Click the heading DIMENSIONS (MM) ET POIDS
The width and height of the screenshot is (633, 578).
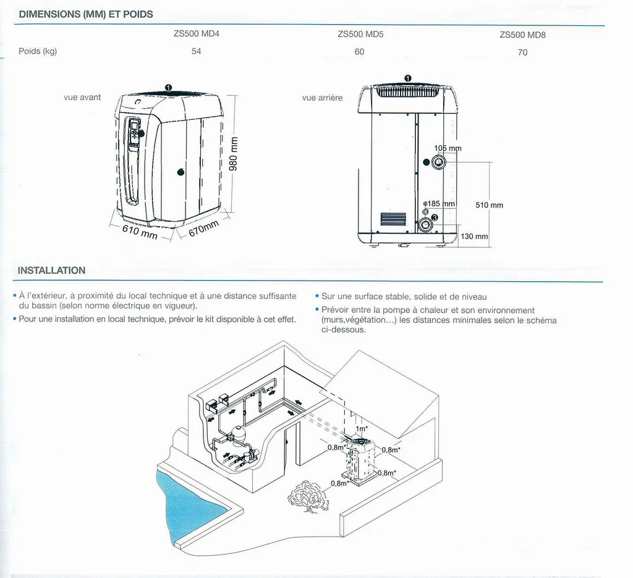(86, 14)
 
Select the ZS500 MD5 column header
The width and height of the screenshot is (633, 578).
(360, 35)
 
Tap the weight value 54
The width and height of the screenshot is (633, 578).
(196, 51)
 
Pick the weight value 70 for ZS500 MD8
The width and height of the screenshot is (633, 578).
(522, 53)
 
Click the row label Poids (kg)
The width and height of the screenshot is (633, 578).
(38, 51)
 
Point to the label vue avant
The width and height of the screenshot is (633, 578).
(82, 97)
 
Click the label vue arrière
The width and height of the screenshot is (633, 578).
(322, 98)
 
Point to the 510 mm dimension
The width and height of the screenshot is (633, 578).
(489, 205)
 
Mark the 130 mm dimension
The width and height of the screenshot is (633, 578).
(475, 237)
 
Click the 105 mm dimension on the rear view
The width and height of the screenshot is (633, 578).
(448, 148)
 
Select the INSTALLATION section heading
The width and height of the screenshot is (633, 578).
(51, 270)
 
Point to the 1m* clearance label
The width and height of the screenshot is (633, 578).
(362, 428)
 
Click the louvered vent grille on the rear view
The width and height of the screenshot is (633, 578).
(393, 219)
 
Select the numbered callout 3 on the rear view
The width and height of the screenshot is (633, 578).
(435, 218)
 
